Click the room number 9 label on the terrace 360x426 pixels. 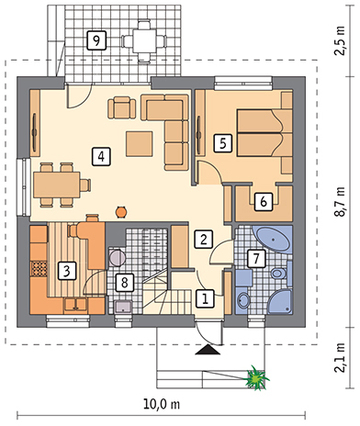96,40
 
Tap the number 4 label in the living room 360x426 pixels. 101,156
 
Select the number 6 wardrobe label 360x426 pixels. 264,202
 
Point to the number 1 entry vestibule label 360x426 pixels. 205,297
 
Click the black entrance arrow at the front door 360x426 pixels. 208,350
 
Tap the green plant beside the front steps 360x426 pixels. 256,377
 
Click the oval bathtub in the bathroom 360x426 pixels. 272,240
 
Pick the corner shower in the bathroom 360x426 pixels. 280,302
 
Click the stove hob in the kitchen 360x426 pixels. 39,269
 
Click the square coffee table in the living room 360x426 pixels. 140,144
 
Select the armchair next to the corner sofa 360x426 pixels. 122,107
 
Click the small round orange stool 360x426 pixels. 121,212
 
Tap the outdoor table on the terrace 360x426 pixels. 144,41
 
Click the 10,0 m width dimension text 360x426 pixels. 162,405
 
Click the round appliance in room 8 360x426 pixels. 117,258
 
